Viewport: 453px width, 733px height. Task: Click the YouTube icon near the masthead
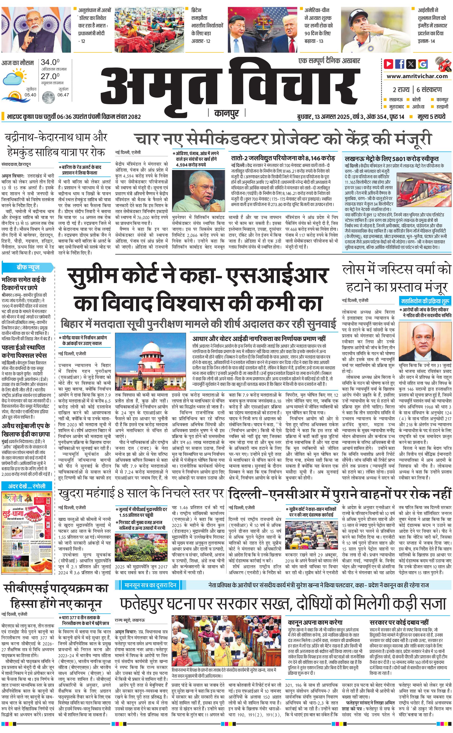tap(388, 64)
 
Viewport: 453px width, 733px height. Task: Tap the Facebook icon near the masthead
tap(399, 64)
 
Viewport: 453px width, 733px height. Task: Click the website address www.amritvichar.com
tap(417, 76)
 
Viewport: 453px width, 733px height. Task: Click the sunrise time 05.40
tap(30, 95)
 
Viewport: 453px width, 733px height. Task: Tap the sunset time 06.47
tap(63, 95)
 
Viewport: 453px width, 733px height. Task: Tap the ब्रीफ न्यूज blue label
tap(28, 267)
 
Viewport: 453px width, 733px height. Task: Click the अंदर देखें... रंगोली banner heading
tap(27, 486)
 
